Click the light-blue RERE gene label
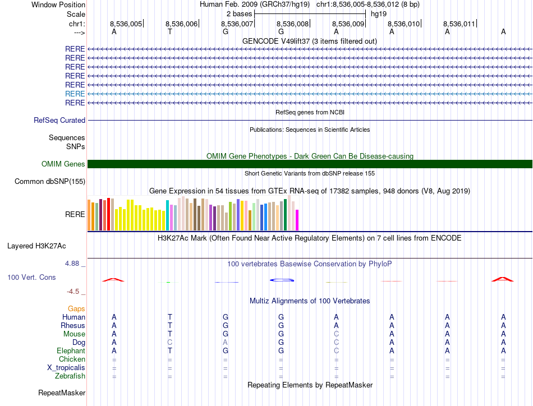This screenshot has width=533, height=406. tap(75, 94)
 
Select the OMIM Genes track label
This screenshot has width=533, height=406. tap(63, 164)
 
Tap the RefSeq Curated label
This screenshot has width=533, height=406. tap(59, 120)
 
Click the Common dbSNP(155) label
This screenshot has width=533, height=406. tap(50, 181)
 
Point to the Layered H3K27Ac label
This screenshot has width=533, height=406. tap(44, 246)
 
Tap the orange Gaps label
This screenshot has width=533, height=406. tap(76, 308)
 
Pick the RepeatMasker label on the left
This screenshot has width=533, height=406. tap(61, 393)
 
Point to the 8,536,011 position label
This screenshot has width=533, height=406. tap(459, 24)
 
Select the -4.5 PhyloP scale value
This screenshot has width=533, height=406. tap(73, 292)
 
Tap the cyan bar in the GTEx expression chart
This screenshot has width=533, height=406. tap(167, 215)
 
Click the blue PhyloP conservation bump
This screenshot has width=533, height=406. tap(281, 279)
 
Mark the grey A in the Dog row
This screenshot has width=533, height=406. tap(225, 342)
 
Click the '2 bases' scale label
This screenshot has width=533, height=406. tap(240, 13)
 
